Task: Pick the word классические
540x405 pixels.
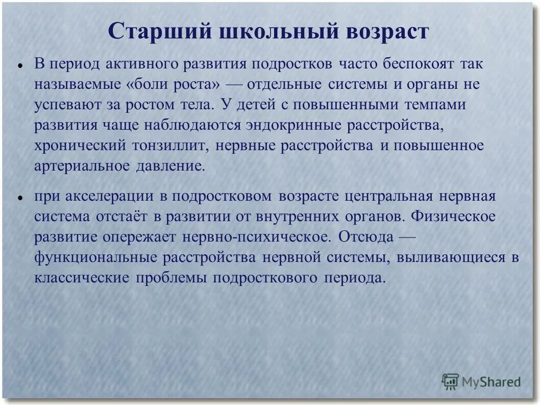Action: pyautogui.click(x=82, y=278)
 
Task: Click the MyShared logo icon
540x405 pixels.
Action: pyautogui.click(x=450, y=382)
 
